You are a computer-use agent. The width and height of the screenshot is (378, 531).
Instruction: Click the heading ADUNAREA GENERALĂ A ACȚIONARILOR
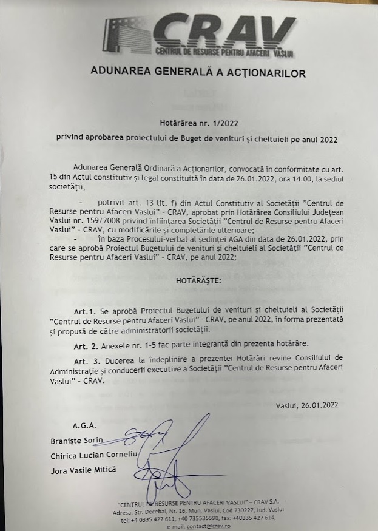197,72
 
